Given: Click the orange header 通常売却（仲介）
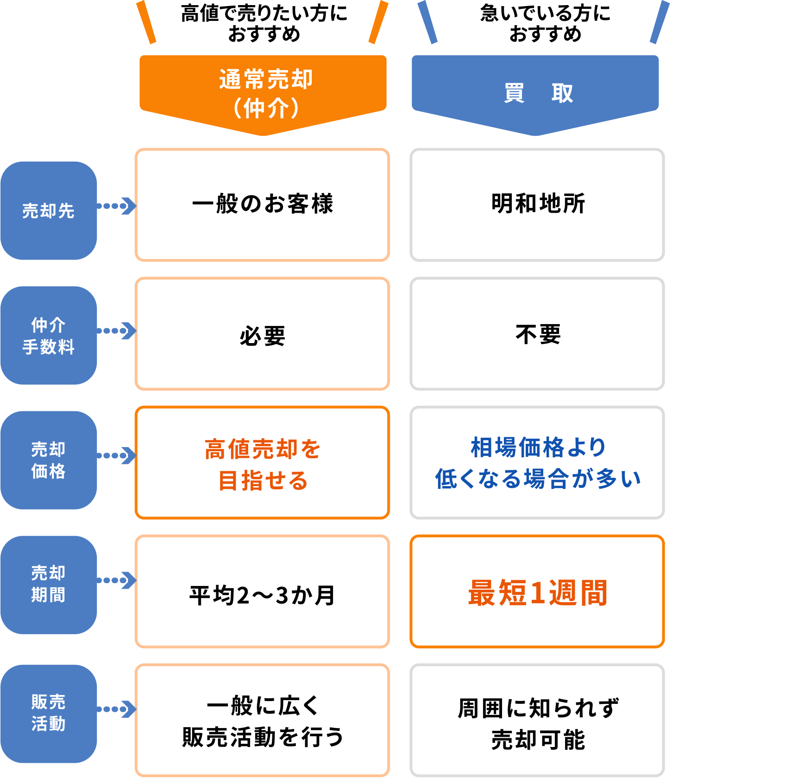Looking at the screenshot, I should pos(263,93).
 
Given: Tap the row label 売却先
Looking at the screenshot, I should pos(48,211).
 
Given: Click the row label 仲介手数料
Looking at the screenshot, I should pos(48,336).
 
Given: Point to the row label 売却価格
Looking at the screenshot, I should pos(48,460).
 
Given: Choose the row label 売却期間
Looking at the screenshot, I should pos(48,584).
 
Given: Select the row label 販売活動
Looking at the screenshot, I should pos(48,713).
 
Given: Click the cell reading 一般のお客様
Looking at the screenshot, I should pos(263,204).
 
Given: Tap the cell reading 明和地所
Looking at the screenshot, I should pos(538,204).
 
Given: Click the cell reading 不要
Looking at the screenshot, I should pos(538,334).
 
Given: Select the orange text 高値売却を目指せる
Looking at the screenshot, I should pos(263,464).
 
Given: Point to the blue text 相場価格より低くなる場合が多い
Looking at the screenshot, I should pos(538,463).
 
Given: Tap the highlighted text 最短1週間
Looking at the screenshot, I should pos(538,593).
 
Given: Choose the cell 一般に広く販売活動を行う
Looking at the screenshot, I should pos(263,721).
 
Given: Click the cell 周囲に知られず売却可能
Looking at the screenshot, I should pos(538,723).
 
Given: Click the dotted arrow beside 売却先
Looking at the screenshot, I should pos(116,206).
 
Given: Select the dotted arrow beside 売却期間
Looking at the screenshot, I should pos(116,580).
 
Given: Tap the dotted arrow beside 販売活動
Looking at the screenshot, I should pos(116,709).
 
